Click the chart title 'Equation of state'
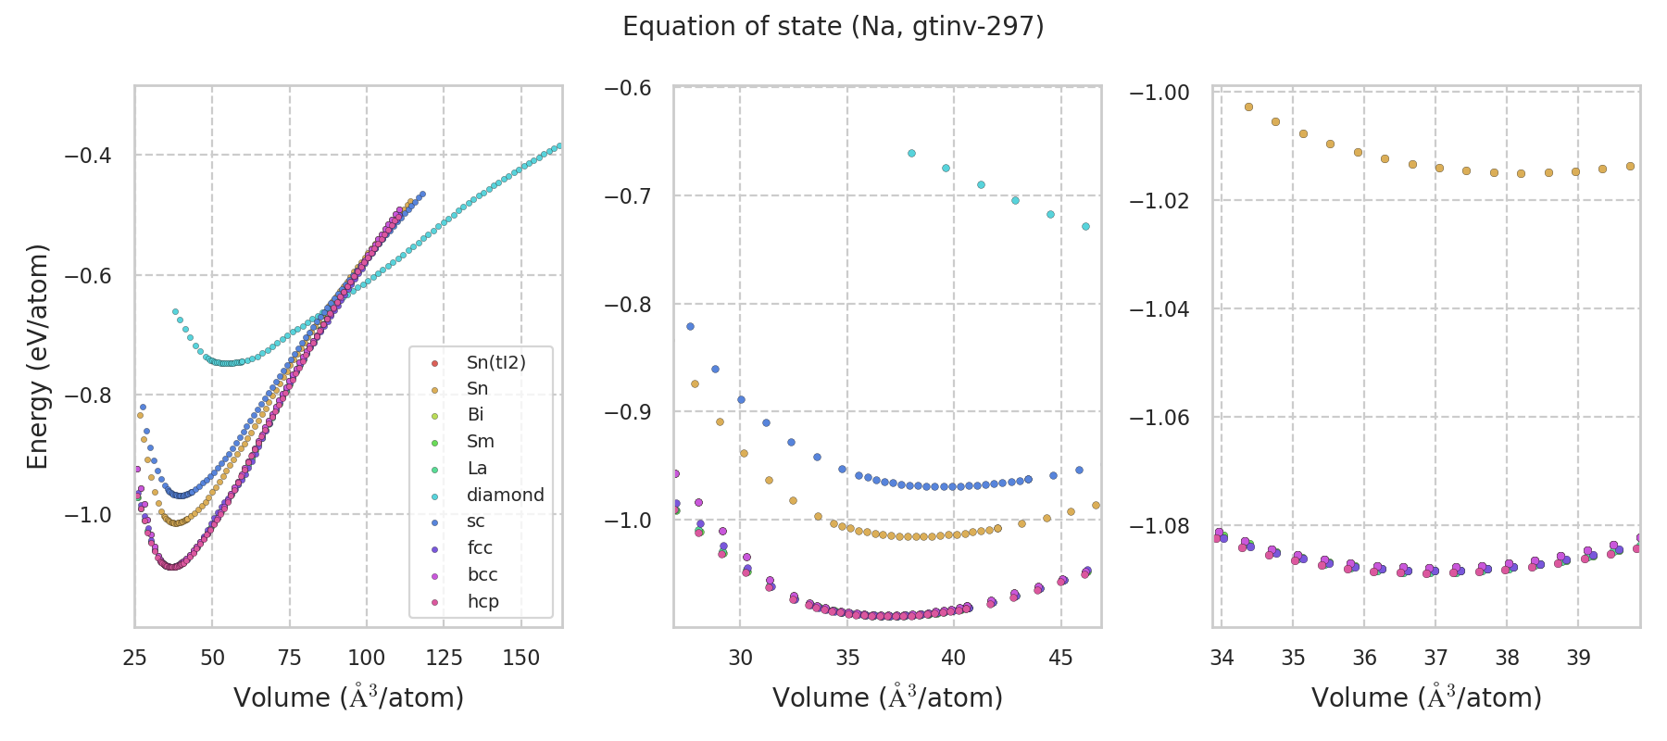click(833, 27)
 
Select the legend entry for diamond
click(505, 495)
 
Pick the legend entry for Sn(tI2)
click(495, 362)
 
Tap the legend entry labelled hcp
click(483, 601)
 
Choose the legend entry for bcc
click(483, 574)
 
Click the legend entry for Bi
click(475, 415)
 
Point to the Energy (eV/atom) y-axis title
click(37, 357)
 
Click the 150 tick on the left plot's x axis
click(520, 658)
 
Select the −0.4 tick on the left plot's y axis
click(87, 156)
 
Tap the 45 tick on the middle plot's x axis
click(1060, 658)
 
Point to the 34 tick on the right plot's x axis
click(1222, 658)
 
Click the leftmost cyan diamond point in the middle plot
click(911, 153)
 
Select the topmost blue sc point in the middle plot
click(690, 326)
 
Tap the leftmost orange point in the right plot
click(1248, 107)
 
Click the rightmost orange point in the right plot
click(1630, 167)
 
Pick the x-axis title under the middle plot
click(887, 697)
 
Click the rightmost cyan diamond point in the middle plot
click(1085, 226)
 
